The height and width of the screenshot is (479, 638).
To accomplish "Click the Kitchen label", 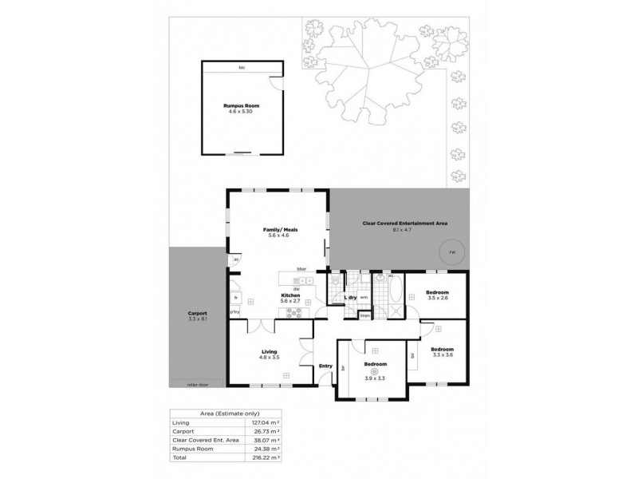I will pos(289,295).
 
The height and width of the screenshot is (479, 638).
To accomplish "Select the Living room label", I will pos(269,352).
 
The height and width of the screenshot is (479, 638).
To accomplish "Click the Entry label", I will pos(325,366).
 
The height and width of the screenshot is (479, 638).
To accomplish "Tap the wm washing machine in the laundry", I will pos(364,298).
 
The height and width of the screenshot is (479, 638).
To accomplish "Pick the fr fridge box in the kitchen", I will pos(235,297).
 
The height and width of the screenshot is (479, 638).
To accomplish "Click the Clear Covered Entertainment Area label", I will pos(404,224).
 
